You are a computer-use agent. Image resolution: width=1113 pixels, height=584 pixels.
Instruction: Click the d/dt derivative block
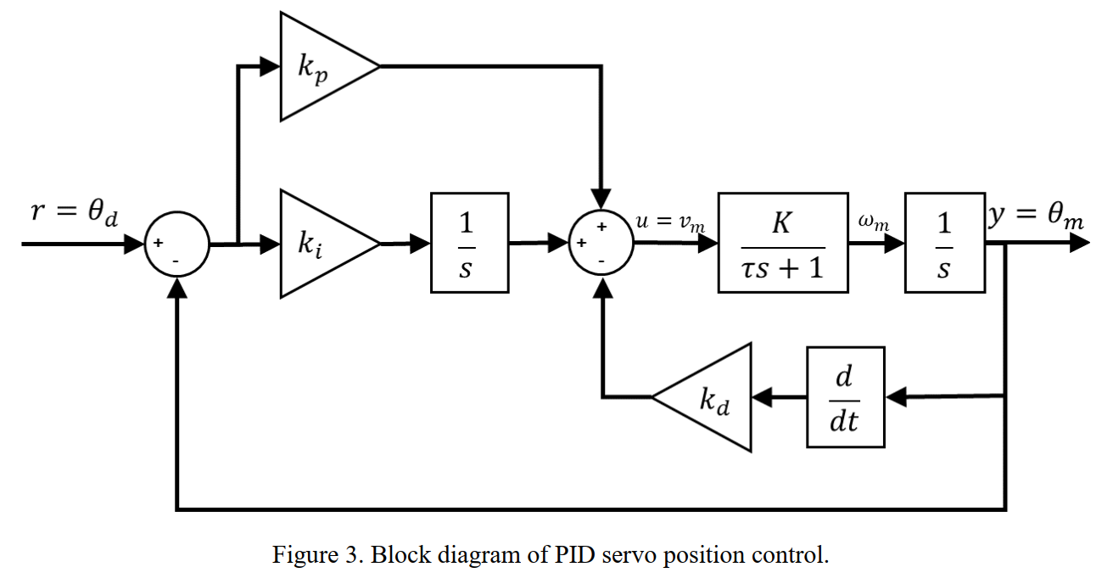pyautogui.click(x=845, y=397)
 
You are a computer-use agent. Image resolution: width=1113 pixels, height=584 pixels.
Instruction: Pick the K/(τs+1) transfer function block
pyautogui.click(x=783, y=243)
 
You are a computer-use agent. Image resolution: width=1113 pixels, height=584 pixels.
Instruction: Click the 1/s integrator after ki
pyautogui.click(x=469, y=243)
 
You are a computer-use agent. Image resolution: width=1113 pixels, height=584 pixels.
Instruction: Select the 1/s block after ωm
pyautogui.click(x=944, y=243)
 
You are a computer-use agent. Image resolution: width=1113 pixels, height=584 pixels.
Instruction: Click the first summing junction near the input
pyautogui.click(x=176, y=244)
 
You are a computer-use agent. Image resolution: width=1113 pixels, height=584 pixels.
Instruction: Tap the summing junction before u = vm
pyautogui.click(x=601, y=244)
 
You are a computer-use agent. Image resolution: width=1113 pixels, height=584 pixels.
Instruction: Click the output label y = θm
pyautogui.click(x=1037, y=217)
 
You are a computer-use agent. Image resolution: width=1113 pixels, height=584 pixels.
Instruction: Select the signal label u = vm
pyautogui.click(x=670, y=222)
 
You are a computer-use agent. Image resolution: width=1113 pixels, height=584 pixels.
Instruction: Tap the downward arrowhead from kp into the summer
pyautogui.click(x=601, y=202)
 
